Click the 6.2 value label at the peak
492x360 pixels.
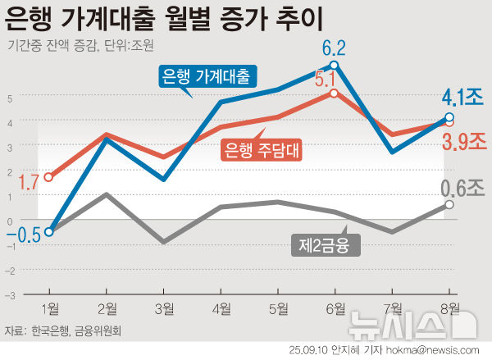(x=334, y=46)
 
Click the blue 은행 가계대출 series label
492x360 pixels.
(x=206, y=77)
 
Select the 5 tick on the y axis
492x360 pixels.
(x=10, y=98)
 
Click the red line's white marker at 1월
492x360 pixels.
(x=49, y=177)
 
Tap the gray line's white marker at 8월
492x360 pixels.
(x=449, y=204)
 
